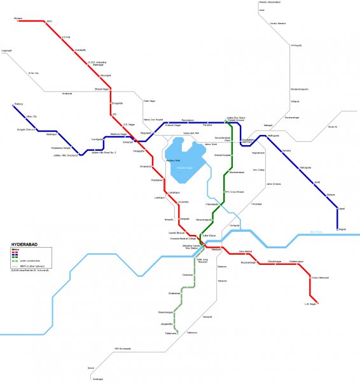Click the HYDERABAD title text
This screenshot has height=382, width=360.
pyautogui.click(x=27, y=244)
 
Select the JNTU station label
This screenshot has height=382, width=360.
pyautogui.click(x=49, y=22)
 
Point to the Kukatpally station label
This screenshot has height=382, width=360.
pyautogui.click(x=80, y=49)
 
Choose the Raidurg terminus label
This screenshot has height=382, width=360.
pyautogui.click(x=18, y=104)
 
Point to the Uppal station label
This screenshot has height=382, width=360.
pyautogui.click(x=342, y=208)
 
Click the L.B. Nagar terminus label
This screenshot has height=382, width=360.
pyautogui.click(x=310, y=303)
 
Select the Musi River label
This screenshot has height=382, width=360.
pyautogui.click(x=316, y=231)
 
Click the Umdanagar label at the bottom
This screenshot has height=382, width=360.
pyautogui.click(x=97, y=379)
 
